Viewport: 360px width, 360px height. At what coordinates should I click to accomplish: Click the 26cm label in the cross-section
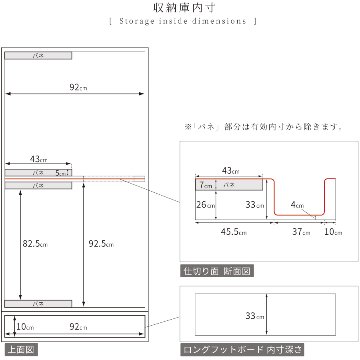[205, 205]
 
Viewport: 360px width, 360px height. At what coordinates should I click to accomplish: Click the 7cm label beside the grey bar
[203, 185]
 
